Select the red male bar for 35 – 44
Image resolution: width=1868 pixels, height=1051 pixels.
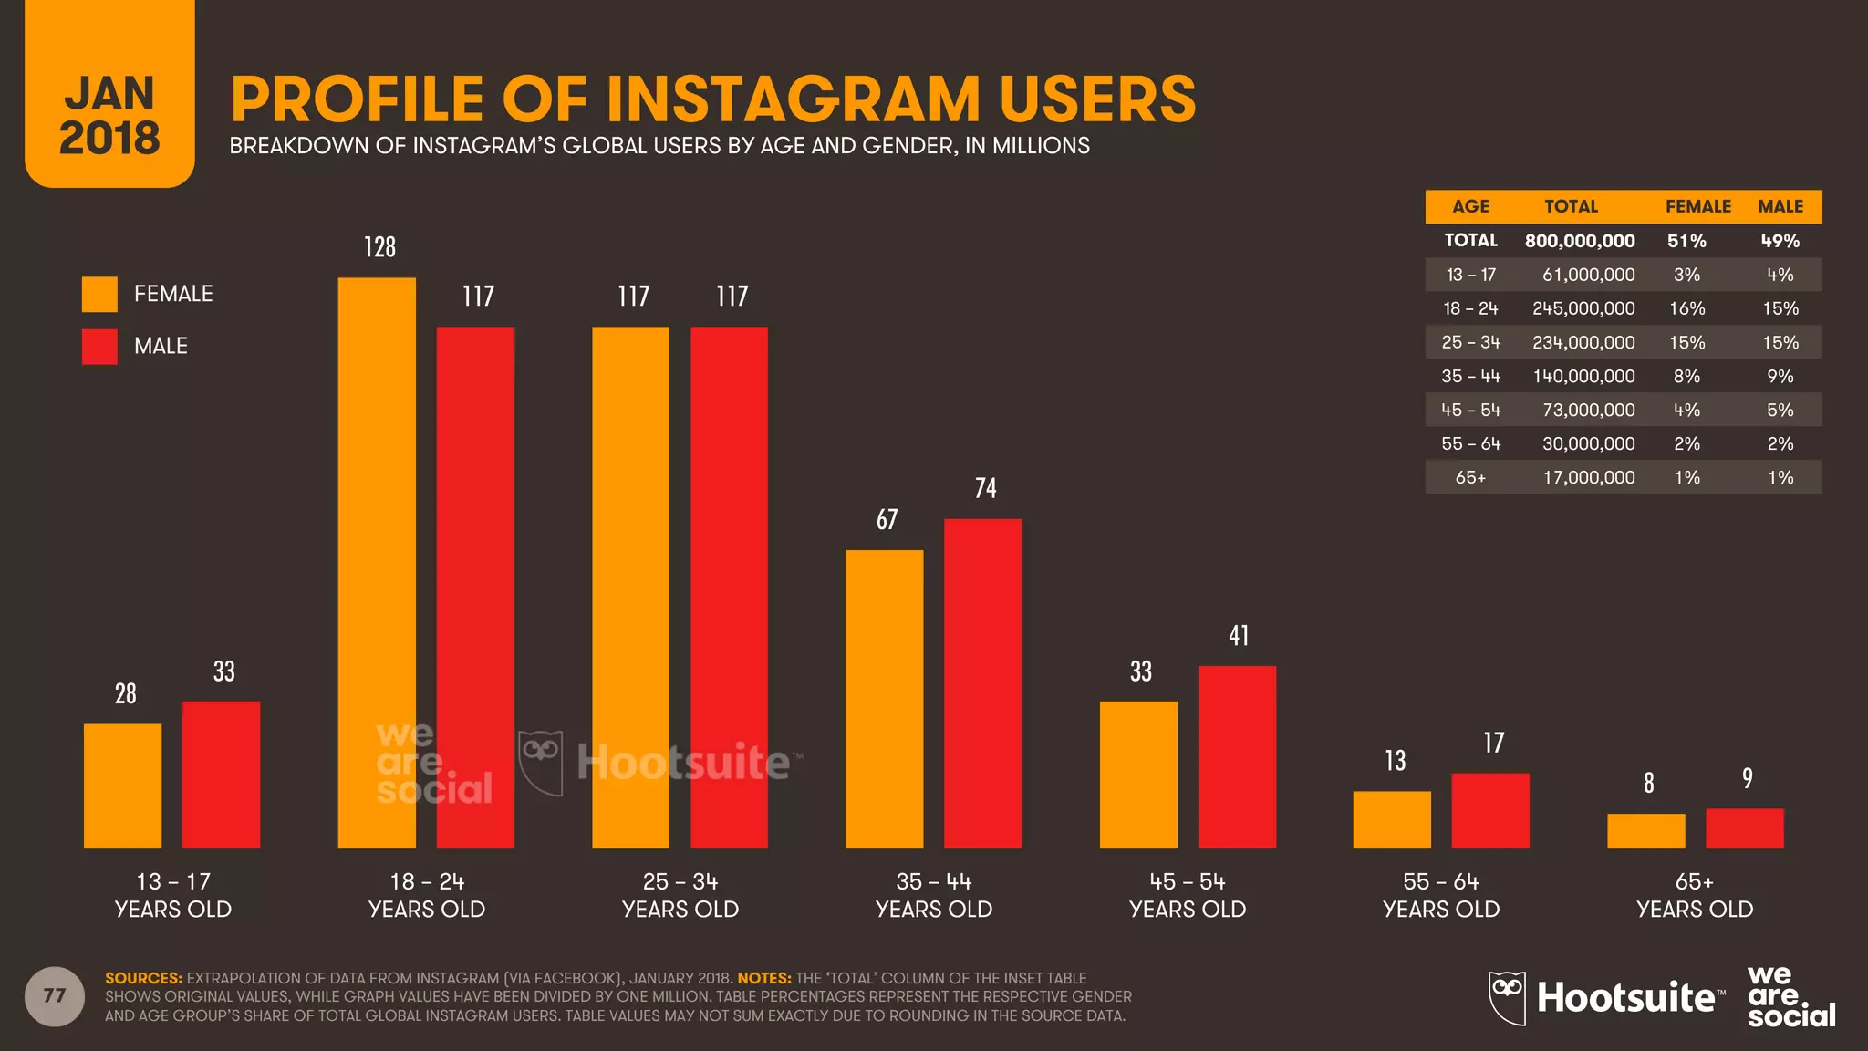(x=982, y=683)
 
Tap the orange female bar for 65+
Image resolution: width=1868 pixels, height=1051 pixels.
(x=1645, y=830)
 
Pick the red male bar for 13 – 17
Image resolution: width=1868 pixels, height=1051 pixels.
(x=221, y=775)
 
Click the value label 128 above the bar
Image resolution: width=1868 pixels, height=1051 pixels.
(x=379, y=247)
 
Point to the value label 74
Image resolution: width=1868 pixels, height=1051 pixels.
(x=985, y=488)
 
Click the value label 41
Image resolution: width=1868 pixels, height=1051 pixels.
(x=1239, y=636)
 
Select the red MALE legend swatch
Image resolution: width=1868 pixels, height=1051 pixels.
(x=99, y=347)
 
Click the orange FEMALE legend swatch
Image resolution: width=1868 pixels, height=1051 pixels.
(x=99, y=294)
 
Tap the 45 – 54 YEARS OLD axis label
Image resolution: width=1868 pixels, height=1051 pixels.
(x=1187, y=895)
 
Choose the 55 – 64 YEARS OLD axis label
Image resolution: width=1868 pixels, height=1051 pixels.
(x=1440, y=895)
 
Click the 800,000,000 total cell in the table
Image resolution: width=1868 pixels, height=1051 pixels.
(x=1580, y=241)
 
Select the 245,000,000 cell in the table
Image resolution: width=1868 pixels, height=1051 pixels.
(x=1583, y=308)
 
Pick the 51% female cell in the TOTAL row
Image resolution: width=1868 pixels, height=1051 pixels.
(x=1686, y=241)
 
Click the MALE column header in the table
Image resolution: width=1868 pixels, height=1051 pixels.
(x=1780, y=206)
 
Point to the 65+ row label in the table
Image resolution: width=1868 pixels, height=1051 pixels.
(x=1470, y=477)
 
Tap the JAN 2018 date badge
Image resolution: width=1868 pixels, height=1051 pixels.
(x=109, y=114)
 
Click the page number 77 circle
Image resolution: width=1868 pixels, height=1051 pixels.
(x=55, y=995)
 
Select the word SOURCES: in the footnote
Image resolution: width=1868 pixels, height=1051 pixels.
(x=143, y=978)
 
